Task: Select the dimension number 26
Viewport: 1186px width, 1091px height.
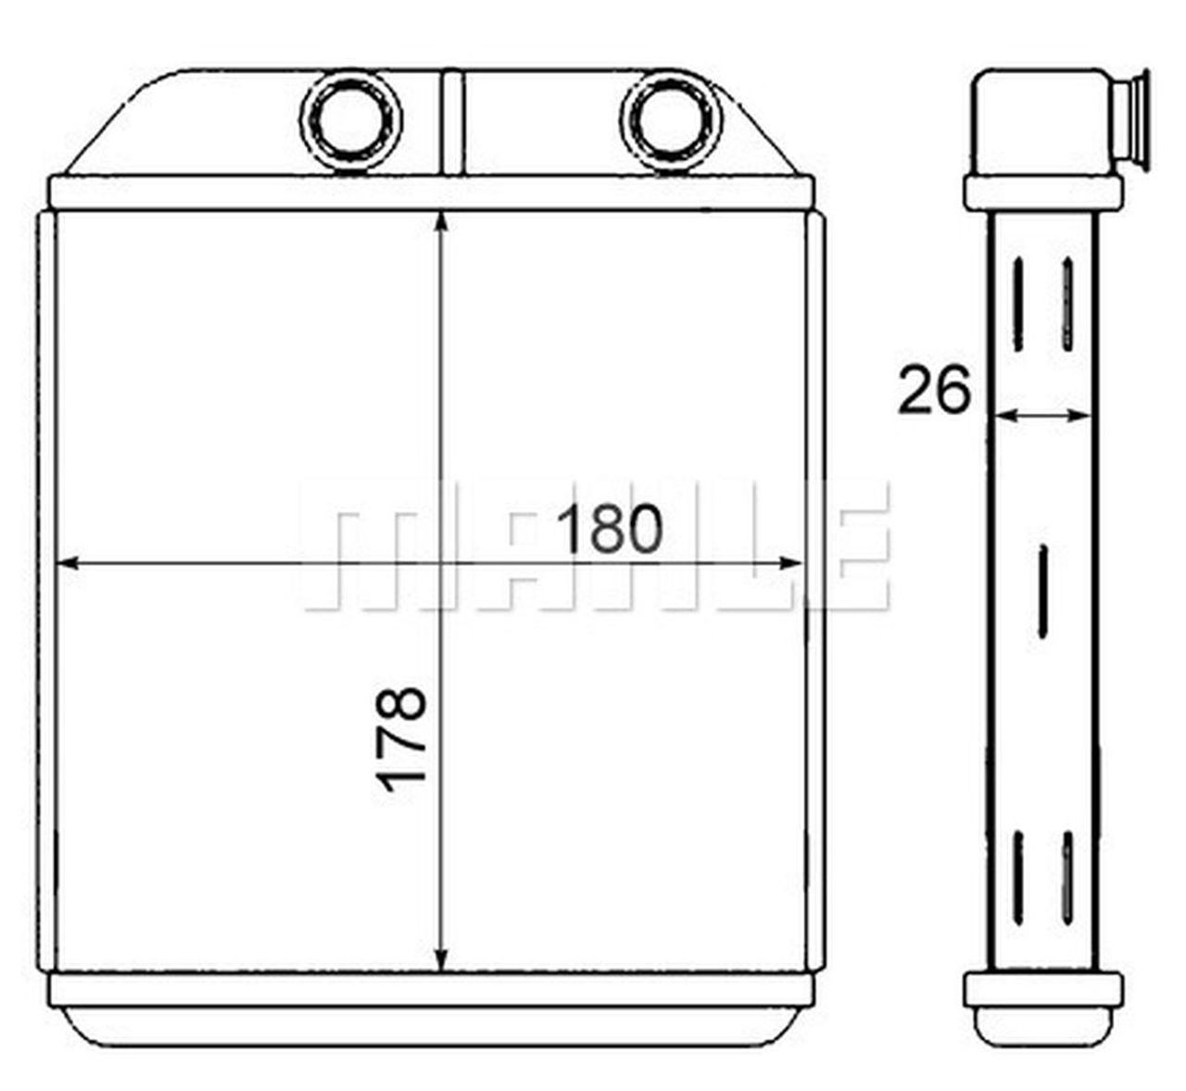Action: [x=934, y=389]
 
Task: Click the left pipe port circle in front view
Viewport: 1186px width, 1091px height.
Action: [x=351, y=120]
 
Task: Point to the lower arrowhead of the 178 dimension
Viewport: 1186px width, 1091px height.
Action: [x=440, y=958]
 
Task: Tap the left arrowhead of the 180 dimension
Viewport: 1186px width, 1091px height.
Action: [x=67, y=563]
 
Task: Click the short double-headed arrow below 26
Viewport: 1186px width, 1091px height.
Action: [x=1041, y=416]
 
